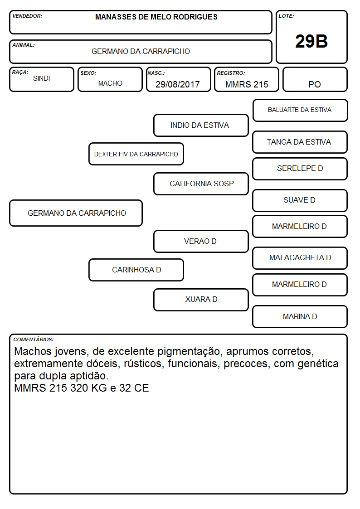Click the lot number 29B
coord(311,41)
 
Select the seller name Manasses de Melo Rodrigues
coord(156,17)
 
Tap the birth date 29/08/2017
coord(178,84)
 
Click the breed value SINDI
coord(42,78)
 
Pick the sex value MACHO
coord(110,83)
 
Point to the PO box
coord(315,79)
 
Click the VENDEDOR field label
coord(27,16)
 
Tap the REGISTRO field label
coord(231,73)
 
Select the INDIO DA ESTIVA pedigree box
coord(201,125)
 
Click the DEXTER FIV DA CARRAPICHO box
coord(136,154)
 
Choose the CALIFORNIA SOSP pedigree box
coord(201,184)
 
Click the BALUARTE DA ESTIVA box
coord(300,111)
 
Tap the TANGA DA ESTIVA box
coord(300,142)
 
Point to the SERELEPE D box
coord(300,169)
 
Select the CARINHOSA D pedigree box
coord(136,270)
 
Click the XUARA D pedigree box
coord(201,300)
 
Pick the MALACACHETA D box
coord(300,258)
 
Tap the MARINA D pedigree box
coord(300,316)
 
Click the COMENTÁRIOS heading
coord(34,339)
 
